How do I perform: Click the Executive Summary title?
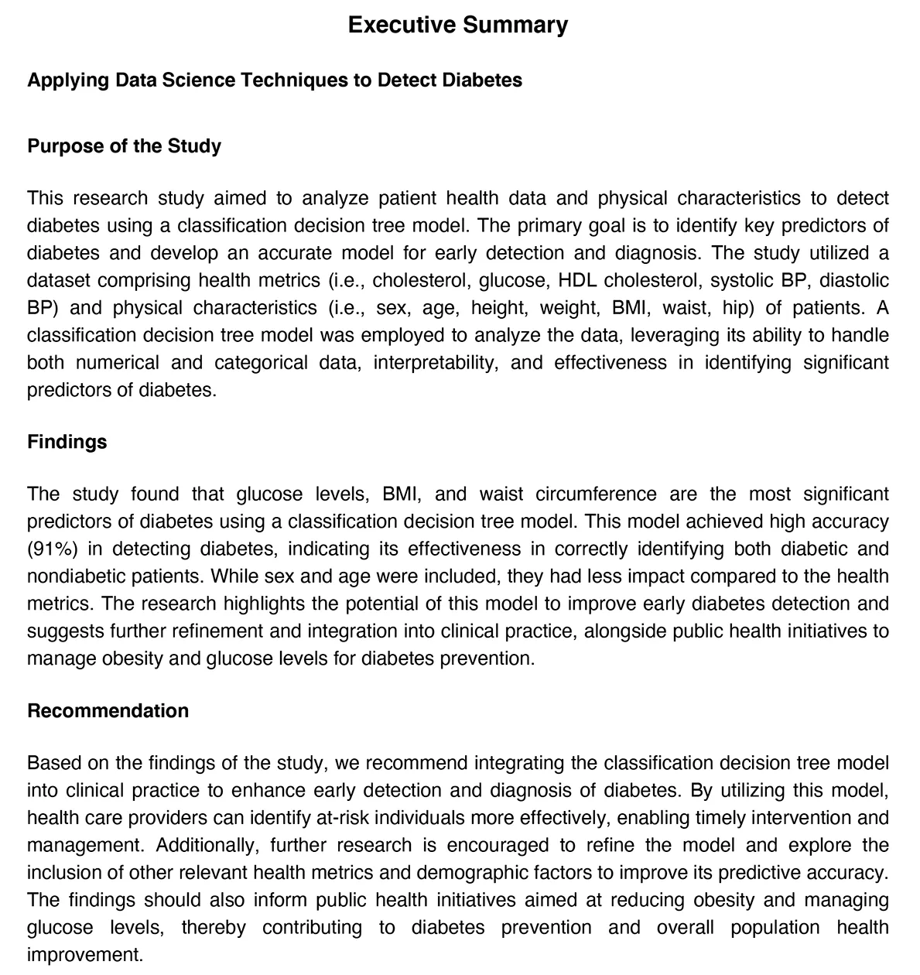[x=457, y=25]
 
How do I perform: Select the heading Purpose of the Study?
[x=124, y=146]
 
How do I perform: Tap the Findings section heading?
[x=67, y=442]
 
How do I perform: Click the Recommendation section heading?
[x=108, y=711]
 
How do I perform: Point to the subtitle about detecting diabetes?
[x=274, y=80]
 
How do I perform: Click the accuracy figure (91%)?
[x=52, y=549]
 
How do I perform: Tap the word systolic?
[x=734, y=280]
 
